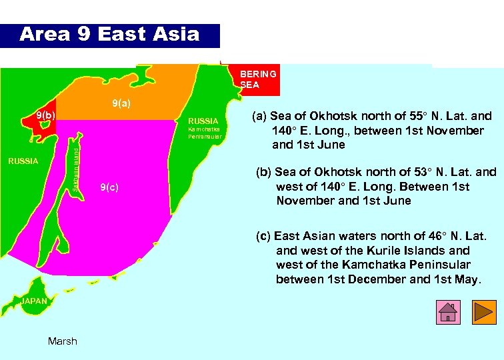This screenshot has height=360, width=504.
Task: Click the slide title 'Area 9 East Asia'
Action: [x=109, y=35]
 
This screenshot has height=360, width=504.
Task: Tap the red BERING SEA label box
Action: [x=259, y=79]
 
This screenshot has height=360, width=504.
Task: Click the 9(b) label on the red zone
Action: [x=45, y=115]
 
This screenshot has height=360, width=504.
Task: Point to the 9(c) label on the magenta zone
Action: [x=109, y=187]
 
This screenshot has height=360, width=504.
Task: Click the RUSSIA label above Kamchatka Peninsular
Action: [x=203, y=121]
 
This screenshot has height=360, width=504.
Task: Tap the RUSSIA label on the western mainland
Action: [x=23, y=161]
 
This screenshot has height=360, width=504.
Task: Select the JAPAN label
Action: [x=34, y=301]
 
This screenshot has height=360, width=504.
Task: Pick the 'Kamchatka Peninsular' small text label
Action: [x=205, y=132]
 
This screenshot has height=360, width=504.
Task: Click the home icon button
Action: [x=448, y=311]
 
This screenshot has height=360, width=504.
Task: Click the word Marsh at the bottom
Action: [x=63, y=341]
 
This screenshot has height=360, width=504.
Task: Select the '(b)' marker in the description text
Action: [x=264, y=172]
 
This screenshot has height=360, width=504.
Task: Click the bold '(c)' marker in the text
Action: [x=264, y=236]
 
